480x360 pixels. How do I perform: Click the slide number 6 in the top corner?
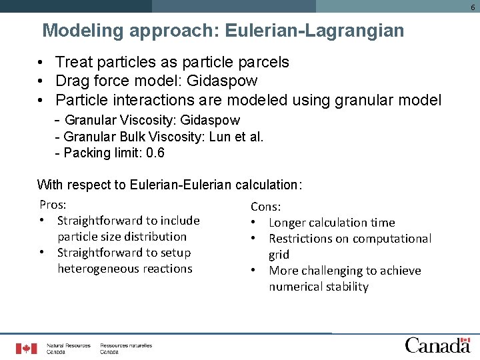(472, 6)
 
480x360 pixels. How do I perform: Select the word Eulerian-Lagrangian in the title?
(315, 31)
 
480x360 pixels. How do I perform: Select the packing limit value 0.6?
(155, 153)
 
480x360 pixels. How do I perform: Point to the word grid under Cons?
(279, 255)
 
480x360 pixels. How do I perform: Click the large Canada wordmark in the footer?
(437, 345)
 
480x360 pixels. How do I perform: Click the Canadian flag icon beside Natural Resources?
(27, 348)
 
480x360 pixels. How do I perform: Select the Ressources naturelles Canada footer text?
(126, 348)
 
